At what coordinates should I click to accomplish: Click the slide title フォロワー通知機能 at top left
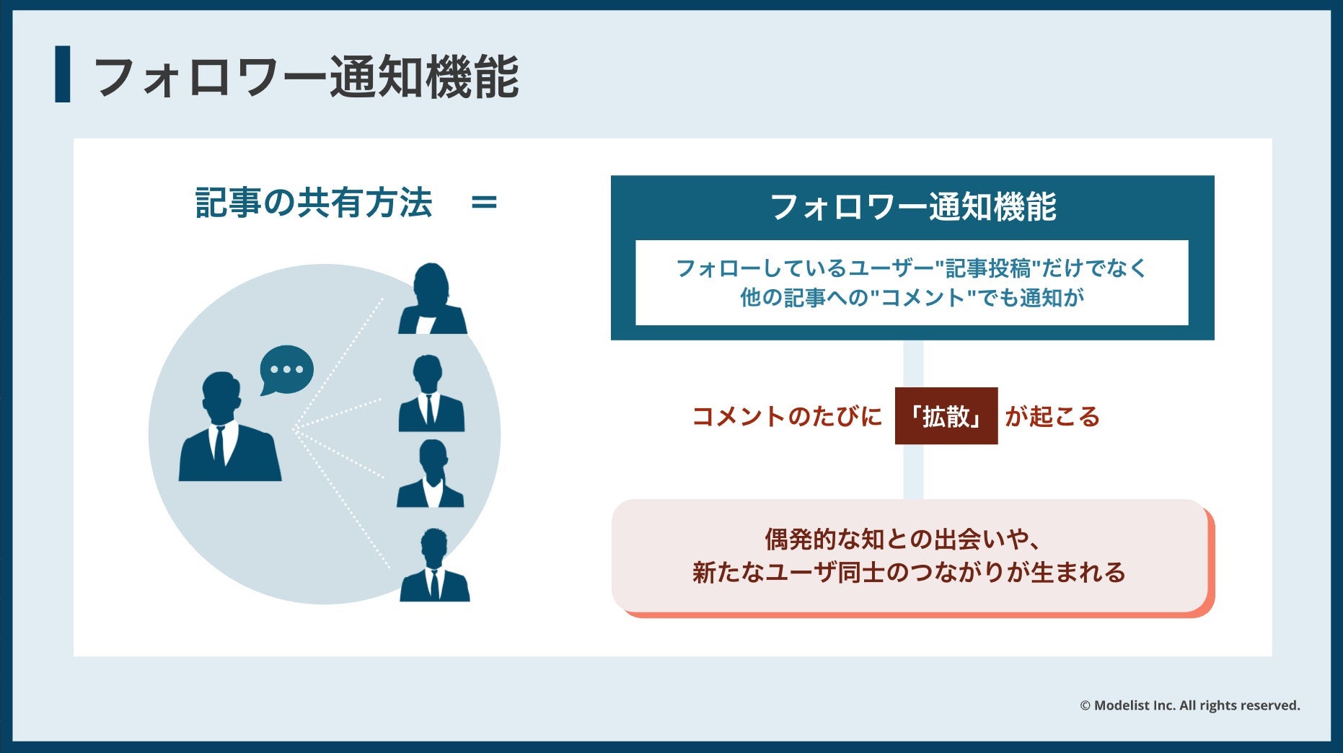click(306, 76)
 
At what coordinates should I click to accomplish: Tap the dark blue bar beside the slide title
click(63, 74)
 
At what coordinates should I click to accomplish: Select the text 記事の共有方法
click(314, 203)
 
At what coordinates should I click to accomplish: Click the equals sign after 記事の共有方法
click(484, 203)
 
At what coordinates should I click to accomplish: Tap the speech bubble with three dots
click(286, 369)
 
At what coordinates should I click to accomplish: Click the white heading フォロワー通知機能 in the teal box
click(912, 208)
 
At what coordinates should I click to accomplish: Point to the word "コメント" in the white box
click(923, 298)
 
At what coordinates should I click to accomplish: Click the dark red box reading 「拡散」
click(946, 416)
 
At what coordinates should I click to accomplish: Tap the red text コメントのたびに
click(787, 417)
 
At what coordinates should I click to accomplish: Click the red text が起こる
click(1052, 417)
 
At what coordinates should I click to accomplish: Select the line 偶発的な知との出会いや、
click(902, 540)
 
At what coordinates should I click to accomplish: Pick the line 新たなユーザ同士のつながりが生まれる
click(909, 573)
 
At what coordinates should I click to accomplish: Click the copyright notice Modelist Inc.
click(1189, 705)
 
